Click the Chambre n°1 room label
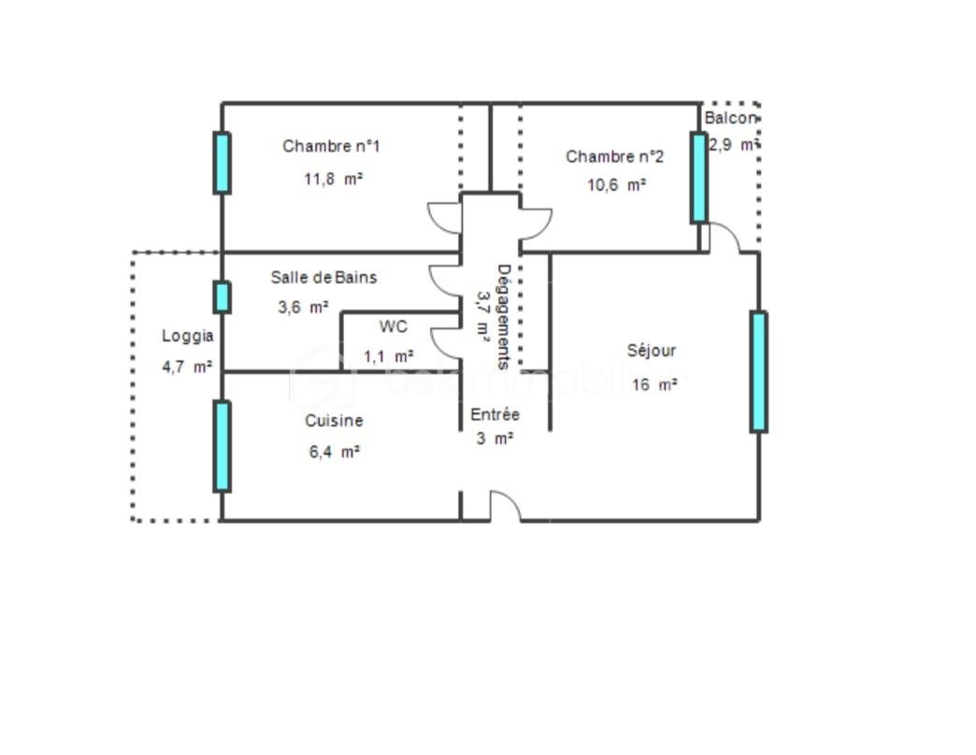[331, 146]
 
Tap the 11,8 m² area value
[333, 179]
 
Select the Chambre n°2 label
[614, 156]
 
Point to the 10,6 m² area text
[616, 185]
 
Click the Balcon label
[730, 119]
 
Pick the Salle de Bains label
[323, 277]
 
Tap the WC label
[393, 327]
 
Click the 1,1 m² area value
[388, 356]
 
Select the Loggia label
[188, 336]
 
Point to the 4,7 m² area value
[187, 367]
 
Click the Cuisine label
[334, 421]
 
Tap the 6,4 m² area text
[333, 452]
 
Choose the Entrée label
[495, 414]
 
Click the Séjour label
[651, 351]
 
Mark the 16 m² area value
[653, 385]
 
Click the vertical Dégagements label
[503, 316]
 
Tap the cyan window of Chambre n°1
[222, 163]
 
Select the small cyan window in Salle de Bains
[222, 297]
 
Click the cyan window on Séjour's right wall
[758, 371]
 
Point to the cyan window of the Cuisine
[222, 446]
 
